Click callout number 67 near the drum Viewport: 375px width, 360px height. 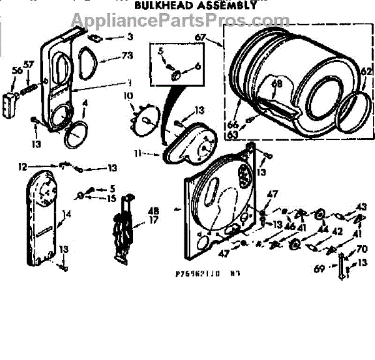200,38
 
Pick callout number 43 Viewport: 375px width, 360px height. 361,206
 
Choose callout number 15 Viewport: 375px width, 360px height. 111,198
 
